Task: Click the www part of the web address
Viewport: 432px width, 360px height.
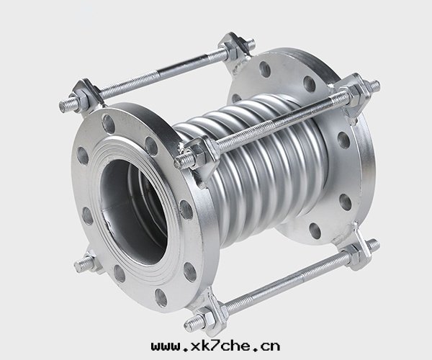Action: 164,346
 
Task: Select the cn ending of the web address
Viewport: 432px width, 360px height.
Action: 271,346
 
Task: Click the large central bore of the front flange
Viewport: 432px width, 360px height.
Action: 134,212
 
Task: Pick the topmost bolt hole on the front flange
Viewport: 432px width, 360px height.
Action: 109,125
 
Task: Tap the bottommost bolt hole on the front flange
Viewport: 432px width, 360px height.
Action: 161,297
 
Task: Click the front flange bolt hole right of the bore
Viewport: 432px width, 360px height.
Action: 186,210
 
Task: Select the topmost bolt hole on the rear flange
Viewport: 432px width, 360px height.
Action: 265,69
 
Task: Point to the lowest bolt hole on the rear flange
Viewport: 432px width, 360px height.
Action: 315,231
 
